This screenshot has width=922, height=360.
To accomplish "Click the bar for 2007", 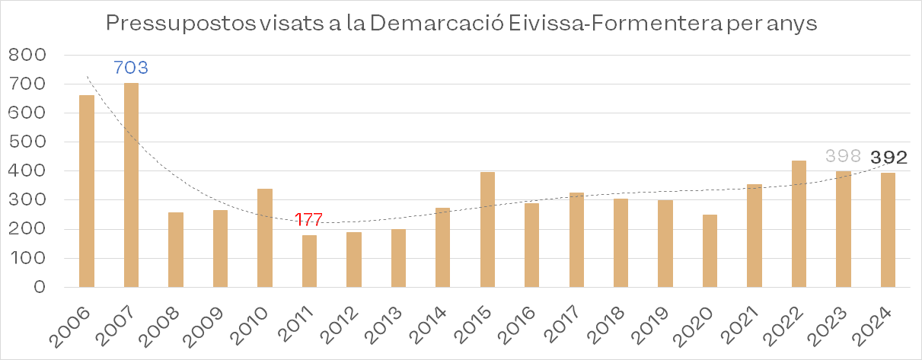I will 131,185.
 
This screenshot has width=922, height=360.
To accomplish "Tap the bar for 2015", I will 487,229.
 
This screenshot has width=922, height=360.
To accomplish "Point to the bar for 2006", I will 87,191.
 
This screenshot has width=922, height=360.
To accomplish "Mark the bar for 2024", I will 888,230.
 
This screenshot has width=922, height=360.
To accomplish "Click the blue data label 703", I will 130,68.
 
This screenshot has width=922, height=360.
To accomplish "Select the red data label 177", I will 308,220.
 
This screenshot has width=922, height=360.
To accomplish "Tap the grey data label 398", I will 843,158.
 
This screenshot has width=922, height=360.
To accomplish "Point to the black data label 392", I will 889,158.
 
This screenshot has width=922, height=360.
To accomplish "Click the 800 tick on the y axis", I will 27,56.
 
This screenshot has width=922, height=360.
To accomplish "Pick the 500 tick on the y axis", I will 27,142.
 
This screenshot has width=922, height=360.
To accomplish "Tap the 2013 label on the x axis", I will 384,323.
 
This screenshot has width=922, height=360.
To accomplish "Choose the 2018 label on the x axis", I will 607,323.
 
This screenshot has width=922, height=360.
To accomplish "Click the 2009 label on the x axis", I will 206,323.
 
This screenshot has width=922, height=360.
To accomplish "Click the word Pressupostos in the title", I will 171,24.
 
